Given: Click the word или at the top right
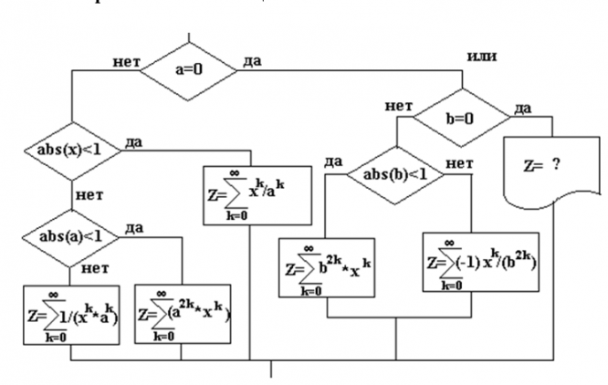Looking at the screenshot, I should click(482, 57).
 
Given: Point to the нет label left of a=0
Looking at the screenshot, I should click(126, 61).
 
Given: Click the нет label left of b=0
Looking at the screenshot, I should click(400, 107).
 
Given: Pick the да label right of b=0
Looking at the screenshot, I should click(523, 109).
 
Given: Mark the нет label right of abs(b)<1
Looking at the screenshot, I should click(457, 161).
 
